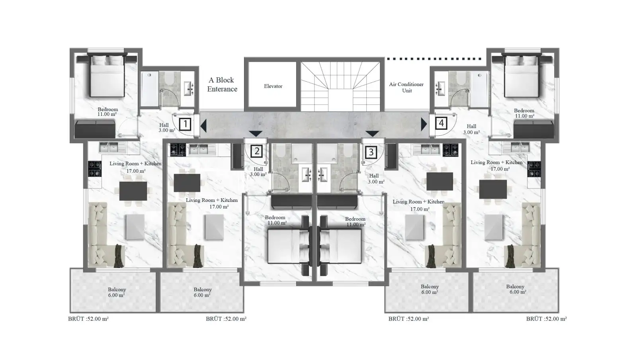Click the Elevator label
(x=273, y=86)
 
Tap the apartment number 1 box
(x=185, y=124)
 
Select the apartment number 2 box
(x=257, y=151)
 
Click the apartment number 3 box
(x=371, y=152)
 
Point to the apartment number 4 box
(x=441, y=123)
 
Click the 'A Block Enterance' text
(x=222, y=84)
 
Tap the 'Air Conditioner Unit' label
(x=406, y=87)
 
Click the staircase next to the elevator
(x=341, y=86)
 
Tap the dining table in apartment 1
(x=133, y=191)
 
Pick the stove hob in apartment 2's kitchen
(x=178, y=150)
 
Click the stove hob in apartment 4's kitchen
(x=534, y=169)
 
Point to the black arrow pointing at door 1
(x=203, y=125)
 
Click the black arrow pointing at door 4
(x=424, y=124)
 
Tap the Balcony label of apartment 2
(x=203, y=292)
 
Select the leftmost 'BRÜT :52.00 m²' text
(x=88, y=319)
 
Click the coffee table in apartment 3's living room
(x=414, y=227)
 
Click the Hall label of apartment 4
(x=471, y=129)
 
